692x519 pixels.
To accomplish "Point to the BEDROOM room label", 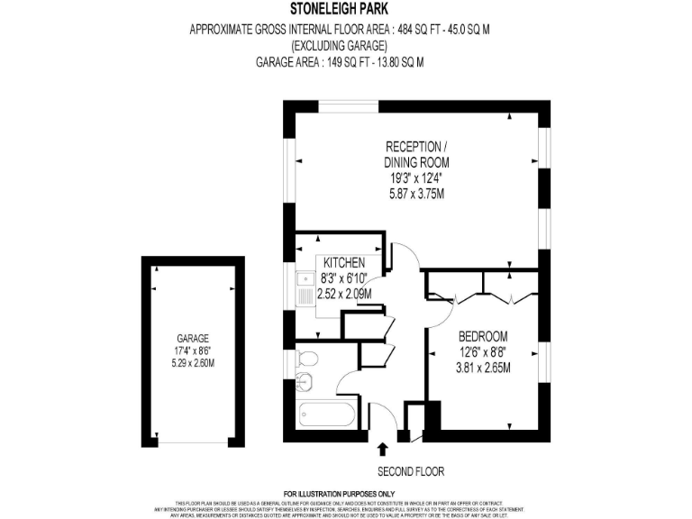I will point(483,337).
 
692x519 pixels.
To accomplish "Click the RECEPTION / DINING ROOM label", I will point(414,154).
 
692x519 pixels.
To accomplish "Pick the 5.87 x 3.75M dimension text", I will point(414,194).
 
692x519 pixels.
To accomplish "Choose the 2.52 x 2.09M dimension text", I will point(338,294).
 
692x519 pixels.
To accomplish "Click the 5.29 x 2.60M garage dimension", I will point(193,363).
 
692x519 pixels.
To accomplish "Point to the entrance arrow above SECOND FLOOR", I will point(383,448).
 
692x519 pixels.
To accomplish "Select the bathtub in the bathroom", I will point(325,415).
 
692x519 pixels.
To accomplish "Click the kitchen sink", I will point(301,289).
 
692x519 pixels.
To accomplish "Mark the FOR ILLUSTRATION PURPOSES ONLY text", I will point(340,494).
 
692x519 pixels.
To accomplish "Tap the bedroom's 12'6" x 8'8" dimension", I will point(483,351).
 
